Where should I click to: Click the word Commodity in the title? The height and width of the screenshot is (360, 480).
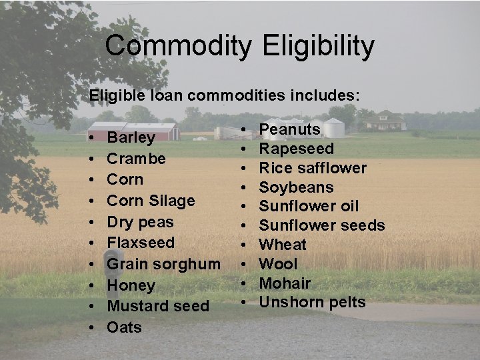coord(178,46)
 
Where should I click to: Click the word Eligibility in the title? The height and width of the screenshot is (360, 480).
coord(319,46)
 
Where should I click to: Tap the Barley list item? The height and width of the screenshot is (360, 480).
coord(131,138)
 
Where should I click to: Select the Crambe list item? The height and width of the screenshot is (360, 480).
coord(136,159)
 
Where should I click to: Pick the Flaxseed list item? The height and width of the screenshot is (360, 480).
coord(141,243)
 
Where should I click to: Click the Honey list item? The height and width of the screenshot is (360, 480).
coord(131,285)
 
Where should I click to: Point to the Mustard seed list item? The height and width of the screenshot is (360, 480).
coord(158,306)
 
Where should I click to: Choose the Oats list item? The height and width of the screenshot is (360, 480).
coord(124,327)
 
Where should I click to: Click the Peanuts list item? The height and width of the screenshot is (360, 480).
coord(289,129)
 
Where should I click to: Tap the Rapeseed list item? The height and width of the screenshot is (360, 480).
coord(296,148)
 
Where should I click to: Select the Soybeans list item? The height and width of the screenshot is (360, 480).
coord(296,187)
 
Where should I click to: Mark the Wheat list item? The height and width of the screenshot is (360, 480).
coord(283,245)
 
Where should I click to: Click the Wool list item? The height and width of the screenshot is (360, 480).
coord(277,263)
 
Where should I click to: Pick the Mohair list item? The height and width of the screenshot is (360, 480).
coord(285,283)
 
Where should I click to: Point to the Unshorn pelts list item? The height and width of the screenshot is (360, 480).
coord(312,302)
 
